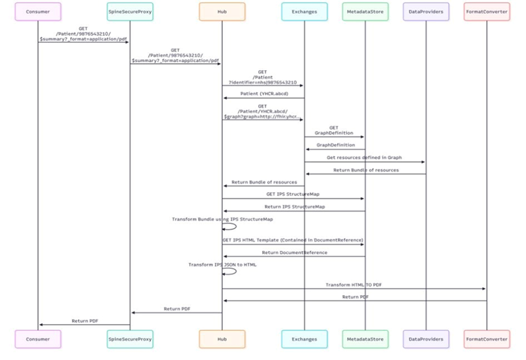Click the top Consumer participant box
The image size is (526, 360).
pyautogui.click(x=38, y=11)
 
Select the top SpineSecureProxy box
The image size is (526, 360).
pyautogui.click(x=130, y=11)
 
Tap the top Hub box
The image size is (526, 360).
pyautogui.click(x=222, y=11)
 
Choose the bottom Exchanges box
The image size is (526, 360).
pyautogui.click(x=304, y=340)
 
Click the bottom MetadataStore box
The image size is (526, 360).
pyautogui.click(x=365, y=340)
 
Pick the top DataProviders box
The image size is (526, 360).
pyautogui.click(x=426, y=11)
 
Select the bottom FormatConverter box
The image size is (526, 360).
pyautogui.click(x=487, y=340)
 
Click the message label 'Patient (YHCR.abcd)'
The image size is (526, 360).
pyautogui.click(x=263, y=93)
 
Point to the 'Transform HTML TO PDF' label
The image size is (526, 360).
pyautogui.click(x=354, y=284)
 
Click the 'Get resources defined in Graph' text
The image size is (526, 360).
pyautogui.click(x=365, y=158)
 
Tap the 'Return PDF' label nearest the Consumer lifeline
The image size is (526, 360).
pyautogui.click(x=84, y=320)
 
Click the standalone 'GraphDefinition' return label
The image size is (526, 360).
pyautogui.click(x=334, y=145)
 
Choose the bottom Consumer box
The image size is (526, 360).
pyautogui.click(x=38, y=340)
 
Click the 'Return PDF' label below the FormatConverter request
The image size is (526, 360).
pyautogui.click(x=354, y=297)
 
